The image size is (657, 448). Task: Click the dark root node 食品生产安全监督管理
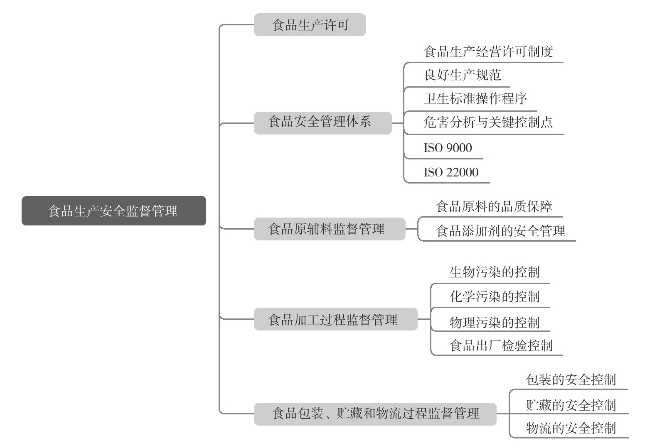(114, 211)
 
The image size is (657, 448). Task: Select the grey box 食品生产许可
(310, 24)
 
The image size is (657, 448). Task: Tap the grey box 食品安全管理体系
(322, 123)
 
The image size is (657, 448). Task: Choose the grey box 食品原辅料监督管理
(330, 229)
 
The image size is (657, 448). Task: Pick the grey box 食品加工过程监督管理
(335, 319)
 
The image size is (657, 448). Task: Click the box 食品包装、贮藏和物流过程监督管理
(375, 414)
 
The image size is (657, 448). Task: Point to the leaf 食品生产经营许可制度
(488, 52)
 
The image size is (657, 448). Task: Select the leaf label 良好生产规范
(463, 75)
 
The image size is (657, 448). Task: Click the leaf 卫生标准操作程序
(475, 99)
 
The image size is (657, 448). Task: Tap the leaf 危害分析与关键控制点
(488, 122)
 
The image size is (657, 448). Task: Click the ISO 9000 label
(448, 148)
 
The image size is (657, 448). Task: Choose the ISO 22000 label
(451, 172)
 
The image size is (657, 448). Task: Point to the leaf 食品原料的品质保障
(494, 207)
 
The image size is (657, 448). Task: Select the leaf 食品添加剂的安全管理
(500, 231)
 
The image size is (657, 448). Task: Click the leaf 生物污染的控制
(495, 272)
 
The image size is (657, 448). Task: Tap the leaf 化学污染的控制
(495, 296)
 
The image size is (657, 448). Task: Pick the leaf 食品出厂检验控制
(501, 346)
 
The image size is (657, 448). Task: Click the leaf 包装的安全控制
(571, 380)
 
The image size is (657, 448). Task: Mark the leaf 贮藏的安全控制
(571, 406)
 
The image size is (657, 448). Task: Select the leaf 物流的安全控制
(571, 428)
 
